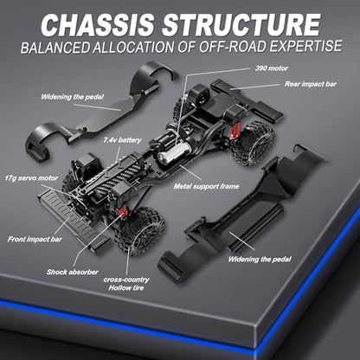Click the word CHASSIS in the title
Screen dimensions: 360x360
coord(98,24)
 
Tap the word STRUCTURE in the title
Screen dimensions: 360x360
coord(241,24)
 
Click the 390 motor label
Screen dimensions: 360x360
coord(272,68)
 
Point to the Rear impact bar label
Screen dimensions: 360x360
coord(311,84)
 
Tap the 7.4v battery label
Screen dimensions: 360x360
coord(123,140)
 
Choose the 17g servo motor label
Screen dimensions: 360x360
coord(31,178)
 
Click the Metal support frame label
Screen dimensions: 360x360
coord(206,186)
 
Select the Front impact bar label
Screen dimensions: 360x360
coord(35,239)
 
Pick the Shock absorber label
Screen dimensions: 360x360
coord(73,272)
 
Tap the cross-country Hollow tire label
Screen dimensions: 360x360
coord(126,284)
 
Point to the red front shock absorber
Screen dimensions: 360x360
coord(122,213)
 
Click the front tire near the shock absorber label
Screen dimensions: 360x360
coord(140,231)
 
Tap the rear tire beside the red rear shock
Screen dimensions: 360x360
coord(254,143)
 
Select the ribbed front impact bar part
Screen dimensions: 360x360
coord(74,219)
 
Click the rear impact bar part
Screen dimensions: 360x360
coord(247,99)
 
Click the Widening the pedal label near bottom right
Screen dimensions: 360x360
coord(260,259)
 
